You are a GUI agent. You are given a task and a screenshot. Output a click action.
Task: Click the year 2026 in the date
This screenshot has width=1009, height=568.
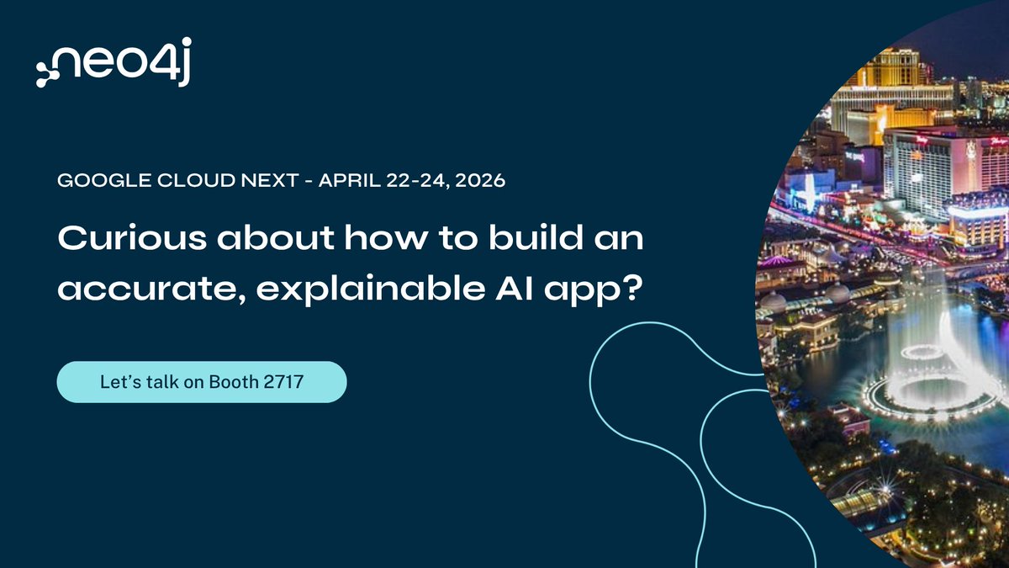[482, 181]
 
